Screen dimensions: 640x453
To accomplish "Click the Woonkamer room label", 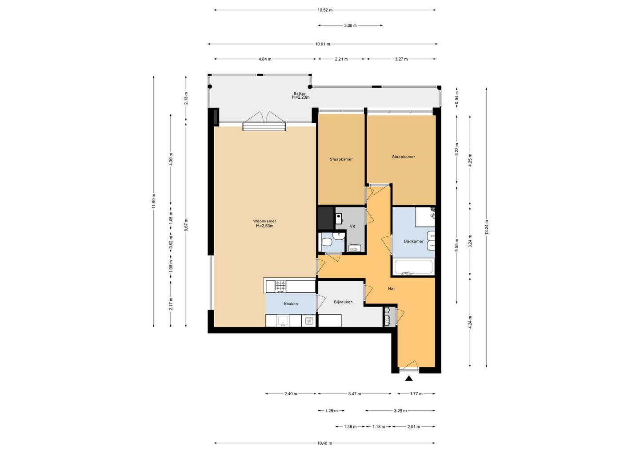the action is pos(264,221).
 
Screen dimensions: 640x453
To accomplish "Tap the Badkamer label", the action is pos(413,241).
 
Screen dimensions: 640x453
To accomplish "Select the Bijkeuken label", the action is pos(343,302).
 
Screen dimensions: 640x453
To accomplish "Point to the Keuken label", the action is pos(291,304).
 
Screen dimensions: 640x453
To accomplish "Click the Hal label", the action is pos(391,288).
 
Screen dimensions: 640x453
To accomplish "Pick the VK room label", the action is pos(352,226).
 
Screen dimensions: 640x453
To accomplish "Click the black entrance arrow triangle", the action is pos(409,378).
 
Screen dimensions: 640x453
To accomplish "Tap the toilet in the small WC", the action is pos(326,243).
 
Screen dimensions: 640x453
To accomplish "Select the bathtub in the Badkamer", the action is pos(413,267).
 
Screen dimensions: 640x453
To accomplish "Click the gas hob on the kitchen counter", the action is pos(280,286).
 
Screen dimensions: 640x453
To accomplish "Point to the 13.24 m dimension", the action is pos(486,227).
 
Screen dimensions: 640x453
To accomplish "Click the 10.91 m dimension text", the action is pos(323,44).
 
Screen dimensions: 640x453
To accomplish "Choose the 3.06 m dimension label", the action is pos(350,25).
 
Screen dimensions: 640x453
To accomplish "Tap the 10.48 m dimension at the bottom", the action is pos(324,443).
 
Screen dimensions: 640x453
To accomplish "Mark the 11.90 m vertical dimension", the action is pos(154,201).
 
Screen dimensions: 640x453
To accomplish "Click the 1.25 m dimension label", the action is pos(332,411).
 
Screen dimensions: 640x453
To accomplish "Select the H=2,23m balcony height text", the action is pos(300,97).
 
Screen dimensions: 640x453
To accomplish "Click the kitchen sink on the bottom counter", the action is pos(83,320).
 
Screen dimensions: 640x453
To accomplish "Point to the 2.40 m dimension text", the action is pos(291,394).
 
